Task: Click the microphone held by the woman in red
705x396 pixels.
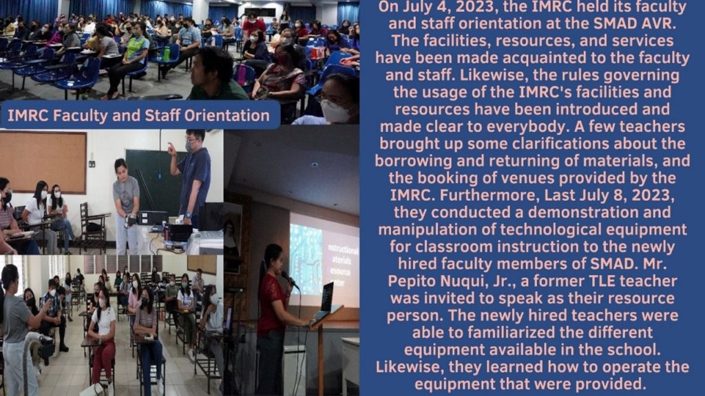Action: click(x=289, y=279)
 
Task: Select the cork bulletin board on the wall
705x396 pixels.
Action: click(x=43, y=162)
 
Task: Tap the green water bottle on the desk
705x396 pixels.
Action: click(x=167, y=54)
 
